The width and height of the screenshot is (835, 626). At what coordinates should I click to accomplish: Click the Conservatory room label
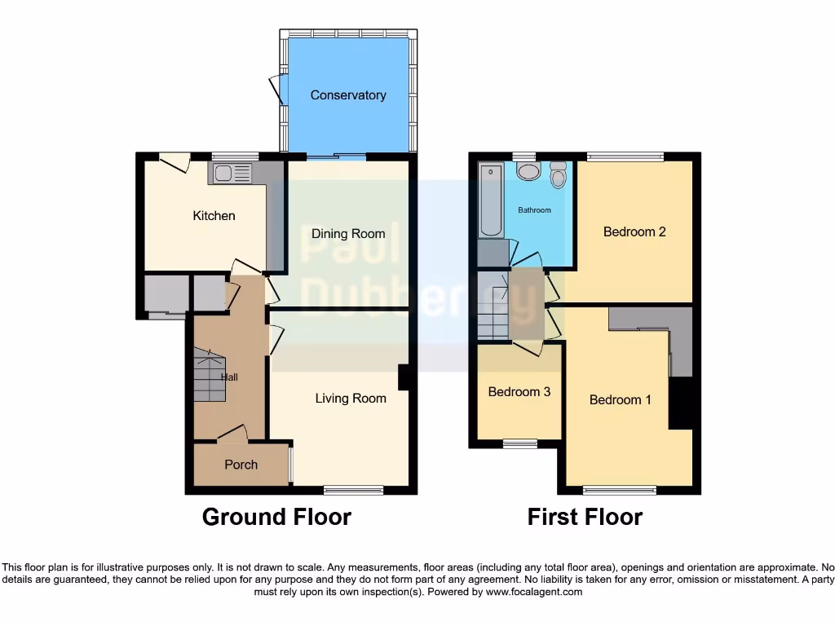pos(348,95)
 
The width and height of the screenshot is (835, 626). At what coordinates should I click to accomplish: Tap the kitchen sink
pos(232,172)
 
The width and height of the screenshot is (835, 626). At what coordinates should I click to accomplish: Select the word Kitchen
pos(214,216)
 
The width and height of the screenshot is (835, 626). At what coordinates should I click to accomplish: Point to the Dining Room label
pos(348,234)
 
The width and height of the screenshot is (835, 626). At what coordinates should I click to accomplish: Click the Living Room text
pos(351,399)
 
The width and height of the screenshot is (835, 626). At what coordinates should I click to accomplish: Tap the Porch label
pos(241,465)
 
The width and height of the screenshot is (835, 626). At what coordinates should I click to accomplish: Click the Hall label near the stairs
pos(229,377)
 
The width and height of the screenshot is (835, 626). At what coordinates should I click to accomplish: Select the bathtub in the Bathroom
pos(491,200)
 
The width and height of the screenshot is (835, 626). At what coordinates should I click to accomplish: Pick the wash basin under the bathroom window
pos(528,170)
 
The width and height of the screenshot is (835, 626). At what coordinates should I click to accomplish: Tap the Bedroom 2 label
pos(634,231)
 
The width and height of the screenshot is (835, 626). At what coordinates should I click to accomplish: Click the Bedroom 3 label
pos(519,392)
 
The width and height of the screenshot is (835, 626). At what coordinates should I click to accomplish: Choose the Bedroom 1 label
pos(621,400)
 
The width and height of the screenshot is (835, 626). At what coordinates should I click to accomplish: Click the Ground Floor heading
pos(276,517)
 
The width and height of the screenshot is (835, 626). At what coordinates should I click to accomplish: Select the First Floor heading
pos(585,517)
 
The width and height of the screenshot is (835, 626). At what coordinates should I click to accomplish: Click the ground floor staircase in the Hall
pos(209,375)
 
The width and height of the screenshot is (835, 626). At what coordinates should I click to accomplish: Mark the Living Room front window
pos(354,490)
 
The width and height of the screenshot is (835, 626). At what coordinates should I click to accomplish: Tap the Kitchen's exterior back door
pos(174,162)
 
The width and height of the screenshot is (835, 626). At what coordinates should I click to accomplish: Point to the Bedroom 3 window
pos(520,443)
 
